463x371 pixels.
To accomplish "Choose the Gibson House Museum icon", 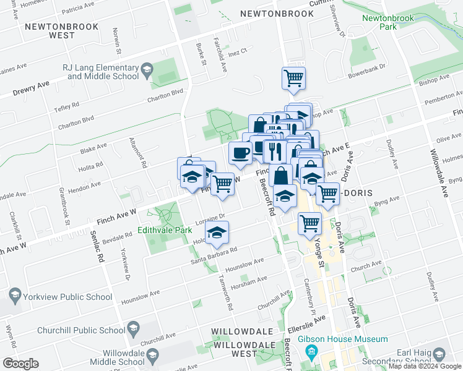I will click(x=311, y=352).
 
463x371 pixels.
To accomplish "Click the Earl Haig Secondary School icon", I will click(x=440, y=354).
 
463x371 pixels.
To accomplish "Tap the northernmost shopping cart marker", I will click(x=293, y=78).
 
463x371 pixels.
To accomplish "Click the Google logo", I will click(x=20, y=363).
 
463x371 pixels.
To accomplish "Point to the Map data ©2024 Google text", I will click(x=424, y=366).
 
